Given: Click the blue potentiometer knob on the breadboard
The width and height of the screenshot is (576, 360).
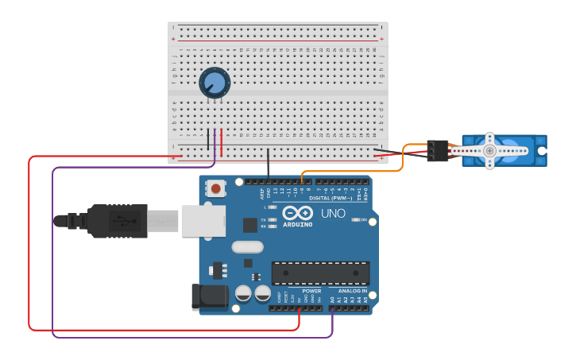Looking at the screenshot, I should (215, 82).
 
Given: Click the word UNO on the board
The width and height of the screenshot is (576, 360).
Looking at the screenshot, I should (333, 214).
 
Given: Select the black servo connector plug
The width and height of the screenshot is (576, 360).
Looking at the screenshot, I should (437, 150).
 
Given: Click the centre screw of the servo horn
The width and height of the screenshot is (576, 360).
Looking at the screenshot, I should (489, 150).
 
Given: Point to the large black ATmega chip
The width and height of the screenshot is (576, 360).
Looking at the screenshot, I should (320, 273).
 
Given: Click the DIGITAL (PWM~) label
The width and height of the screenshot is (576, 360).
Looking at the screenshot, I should (331, 198).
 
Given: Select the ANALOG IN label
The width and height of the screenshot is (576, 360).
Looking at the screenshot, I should (353, 291).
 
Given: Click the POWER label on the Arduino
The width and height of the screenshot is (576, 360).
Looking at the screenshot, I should (311, 291).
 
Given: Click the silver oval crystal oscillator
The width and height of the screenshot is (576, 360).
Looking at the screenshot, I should (247, 247).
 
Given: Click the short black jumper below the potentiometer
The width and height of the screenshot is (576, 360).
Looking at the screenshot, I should (209, 140).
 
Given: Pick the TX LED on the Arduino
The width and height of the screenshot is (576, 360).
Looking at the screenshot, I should (273, 219).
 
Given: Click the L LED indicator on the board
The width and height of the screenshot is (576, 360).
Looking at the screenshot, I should (273, 207).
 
